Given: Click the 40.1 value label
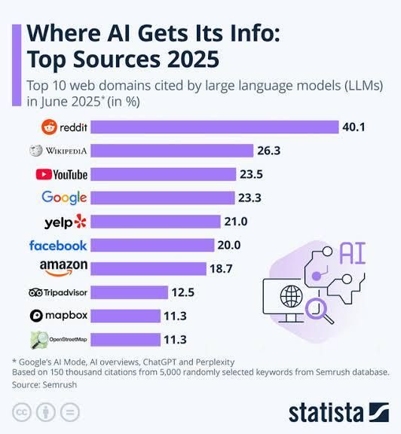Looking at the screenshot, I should point(353,127).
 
